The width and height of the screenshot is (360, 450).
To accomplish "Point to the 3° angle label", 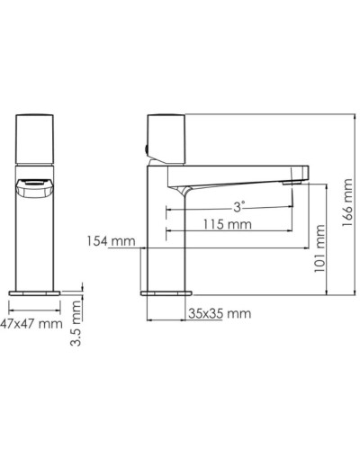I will point(238,206).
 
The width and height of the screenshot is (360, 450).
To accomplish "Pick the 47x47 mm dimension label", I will point(31,322).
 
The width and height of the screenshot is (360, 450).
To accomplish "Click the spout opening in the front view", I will point(38,187).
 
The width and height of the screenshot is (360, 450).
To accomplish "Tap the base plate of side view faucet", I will point(166,292).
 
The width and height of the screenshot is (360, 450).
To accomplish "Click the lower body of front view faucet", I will point(38,243).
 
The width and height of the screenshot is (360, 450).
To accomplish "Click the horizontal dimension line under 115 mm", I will point(229,233).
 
